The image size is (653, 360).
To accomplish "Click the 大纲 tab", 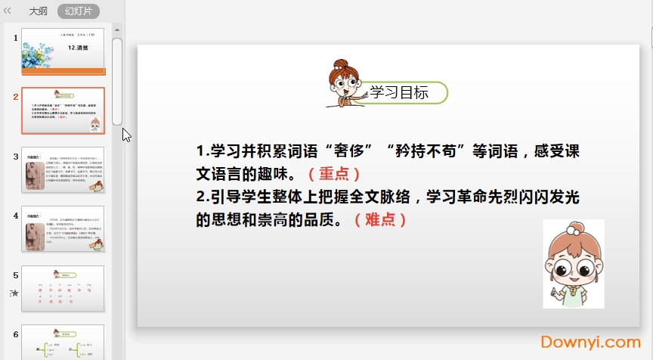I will tap(38, 11).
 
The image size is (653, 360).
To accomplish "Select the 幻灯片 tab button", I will tap(78, 11).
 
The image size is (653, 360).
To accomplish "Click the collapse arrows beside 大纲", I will tap(8, 11).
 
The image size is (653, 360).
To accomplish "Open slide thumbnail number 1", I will tap(63, 51).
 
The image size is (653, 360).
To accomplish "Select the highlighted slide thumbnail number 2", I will tap(63, 110).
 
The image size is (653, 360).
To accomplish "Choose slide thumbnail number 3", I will tap(63, 169).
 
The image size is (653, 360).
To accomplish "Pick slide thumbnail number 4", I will tap(63, 228).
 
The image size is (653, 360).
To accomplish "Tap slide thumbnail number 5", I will tap(63, 287).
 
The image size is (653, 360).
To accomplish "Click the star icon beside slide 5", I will tap(14, 293).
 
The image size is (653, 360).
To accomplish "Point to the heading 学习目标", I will tap(400, 93).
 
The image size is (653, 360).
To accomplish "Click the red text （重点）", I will tap(330, 173).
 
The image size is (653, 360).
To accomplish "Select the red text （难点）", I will tap(382, 219).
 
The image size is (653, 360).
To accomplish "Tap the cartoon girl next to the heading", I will tap(345, 84).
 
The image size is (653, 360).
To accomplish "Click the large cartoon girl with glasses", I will tap(573, 265).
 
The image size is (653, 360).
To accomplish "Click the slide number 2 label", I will tap(15, 96).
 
